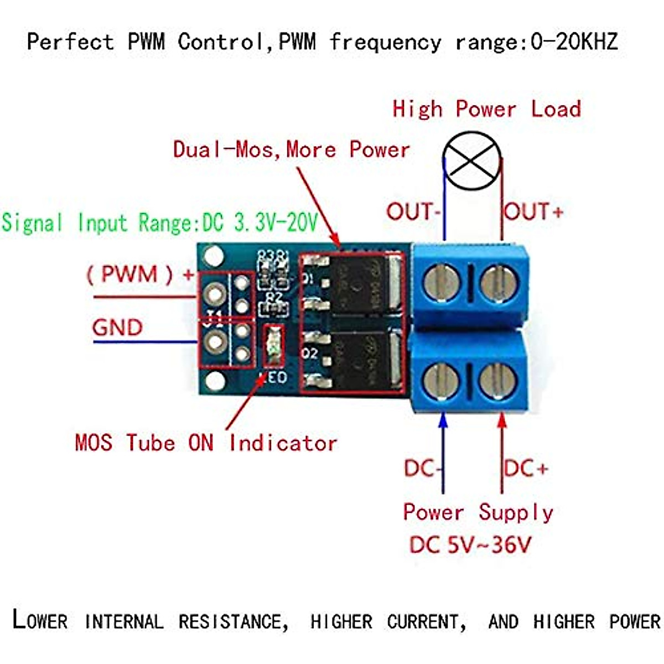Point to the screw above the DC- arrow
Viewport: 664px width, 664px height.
point(441,380)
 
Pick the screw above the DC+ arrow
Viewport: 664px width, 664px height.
point(498,380)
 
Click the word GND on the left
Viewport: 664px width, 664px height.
point(117,328)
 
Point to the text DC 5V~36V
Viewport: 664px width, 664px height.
point(470,546)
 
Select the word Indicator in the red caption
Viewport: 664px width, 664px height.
point(283,443)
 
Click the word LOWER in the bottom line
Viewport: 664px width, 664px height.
point(40,620)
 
